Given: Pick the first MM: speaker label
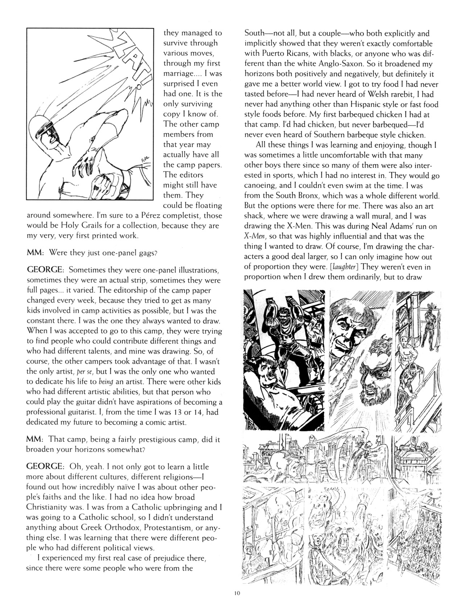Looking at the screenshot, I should coord(35,252).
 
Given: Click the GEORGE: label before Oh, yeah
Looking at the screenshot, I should coord(46,466).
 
